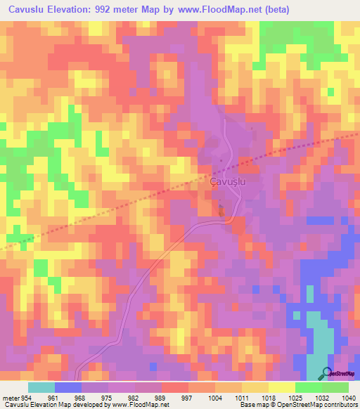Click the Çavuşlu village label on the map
pyautogui.click(x=228, y=181)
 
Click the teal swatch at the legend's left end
pyautogui.click(x=41, y=387)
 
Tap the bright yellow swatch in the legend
pyautogui.click(x=281, y=387)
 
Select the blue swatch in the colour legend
pyautogui.click(x=68, y=387)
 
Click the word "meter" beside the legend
pyautogui.click(x=9, y=398)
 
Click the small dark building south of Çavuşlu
pyautogui.click(x=222, y=210)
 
